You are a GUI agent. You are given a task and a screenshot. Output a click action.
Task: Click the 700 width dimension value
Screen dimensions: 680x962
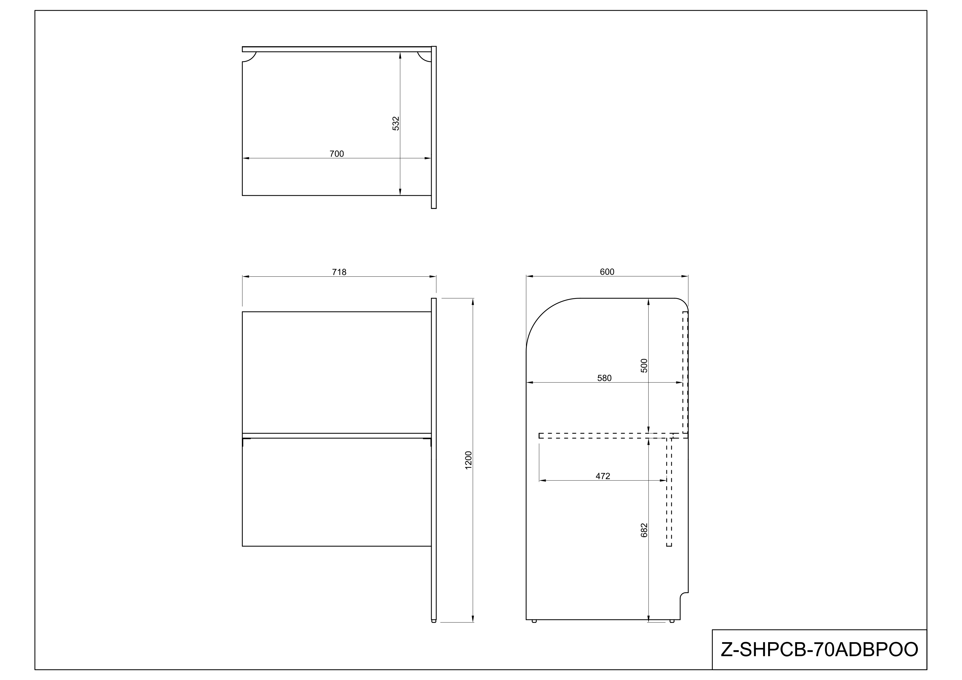pos(336,154)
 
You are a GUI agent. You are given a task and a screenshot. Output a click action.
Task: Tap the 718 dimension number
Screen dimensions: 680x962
pos(339,272)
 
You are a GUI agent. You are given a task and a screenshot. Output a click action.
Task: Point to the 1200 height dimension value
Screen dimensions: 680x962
pos(468,460)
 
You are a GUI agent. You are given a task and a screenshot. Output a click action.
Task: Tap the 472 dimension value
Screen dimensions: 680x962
pos(602,476)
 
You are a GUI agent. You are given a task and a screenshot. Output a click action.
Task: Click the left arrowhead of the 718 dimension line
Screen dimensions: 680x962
pos(246,277)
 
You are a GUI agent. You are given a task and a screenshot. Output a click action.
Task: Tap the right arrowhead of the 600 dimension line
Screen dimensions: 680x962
pos(685,276)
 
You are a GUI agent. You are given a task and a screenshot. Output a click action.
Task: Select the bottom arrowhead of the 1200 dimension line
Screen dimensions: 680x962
pos(472,619)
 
